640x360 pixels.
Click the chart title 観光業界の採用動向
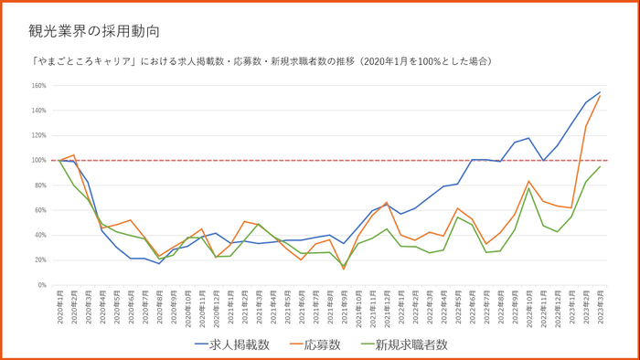pos(95,31)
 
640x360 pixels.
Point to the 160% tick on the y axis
pos(39,86)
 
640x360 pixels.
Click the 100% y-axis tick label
pos(39,161)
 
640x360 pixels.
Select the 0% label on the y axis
pos(41,285)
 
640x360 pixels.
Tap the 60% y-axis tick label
pos(39,210)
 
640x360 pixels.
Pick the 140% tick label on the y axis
pos(39,111)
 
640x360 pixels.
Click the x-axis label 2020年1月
pos(59,305)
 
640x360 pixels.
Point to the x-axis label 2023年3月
pos(600,305)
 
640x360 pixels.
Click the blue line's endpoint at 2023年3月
pos(600,92)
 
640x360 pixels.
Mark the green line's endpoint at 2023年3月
pos(600,166)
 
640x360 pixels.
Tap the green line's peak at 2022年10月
pos(528,188)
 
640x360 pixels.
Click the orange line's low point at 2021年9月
pos(344,269)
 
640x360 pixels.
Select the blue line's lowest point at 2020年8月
pos(159,263)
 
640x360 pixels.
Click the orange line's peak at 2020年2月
pos(74,155)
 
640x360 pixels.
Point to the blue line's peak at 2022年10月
pos(528,138)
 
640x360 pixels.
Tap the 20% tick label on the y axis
pos(39,260)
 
